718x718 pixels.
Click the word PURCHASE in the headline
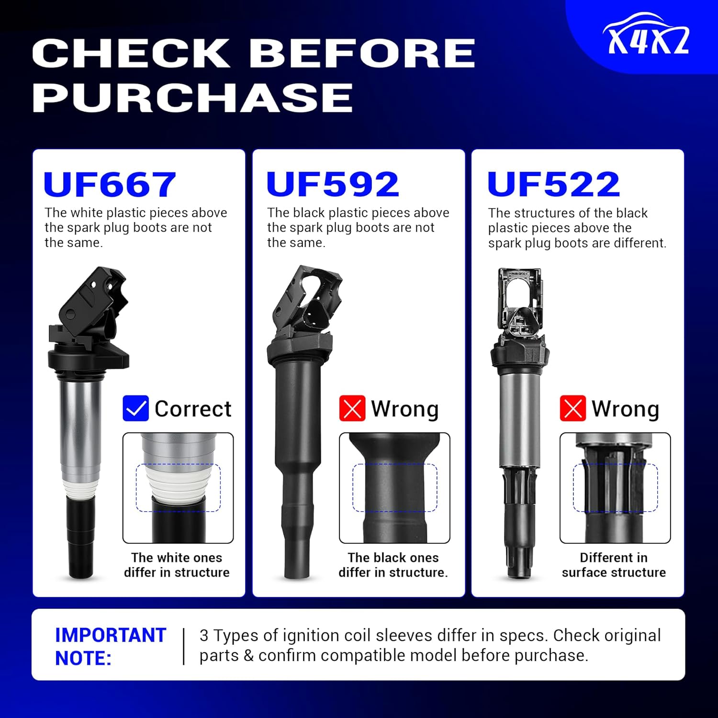[192, 97]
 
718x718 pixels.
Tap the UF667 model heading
[110, 184]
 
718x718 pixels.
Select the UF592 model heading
[333, 184]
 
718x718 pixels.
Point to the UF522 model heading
[553, 184]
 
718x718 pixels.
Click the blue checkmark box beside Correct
[135, 408]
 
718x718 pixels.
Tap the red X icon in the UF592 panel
[352, 408]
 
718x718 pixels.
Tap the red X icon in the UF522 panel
[572, 408]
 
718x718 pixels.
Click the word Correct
[193, 409]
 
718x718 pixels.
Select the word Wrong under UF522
[625, 409]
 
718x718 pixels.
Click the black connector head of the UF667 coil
[91, 306]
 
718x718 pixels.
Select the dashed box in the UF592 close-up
[395, 488]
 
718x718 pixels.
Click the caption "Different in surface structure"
[614, 565]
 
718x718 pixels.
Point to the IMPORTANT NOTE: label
[110, 646]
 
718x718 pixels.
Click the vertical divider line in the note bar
[184, 646]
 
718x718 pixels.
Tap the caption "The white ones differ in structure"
[177, 565]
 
